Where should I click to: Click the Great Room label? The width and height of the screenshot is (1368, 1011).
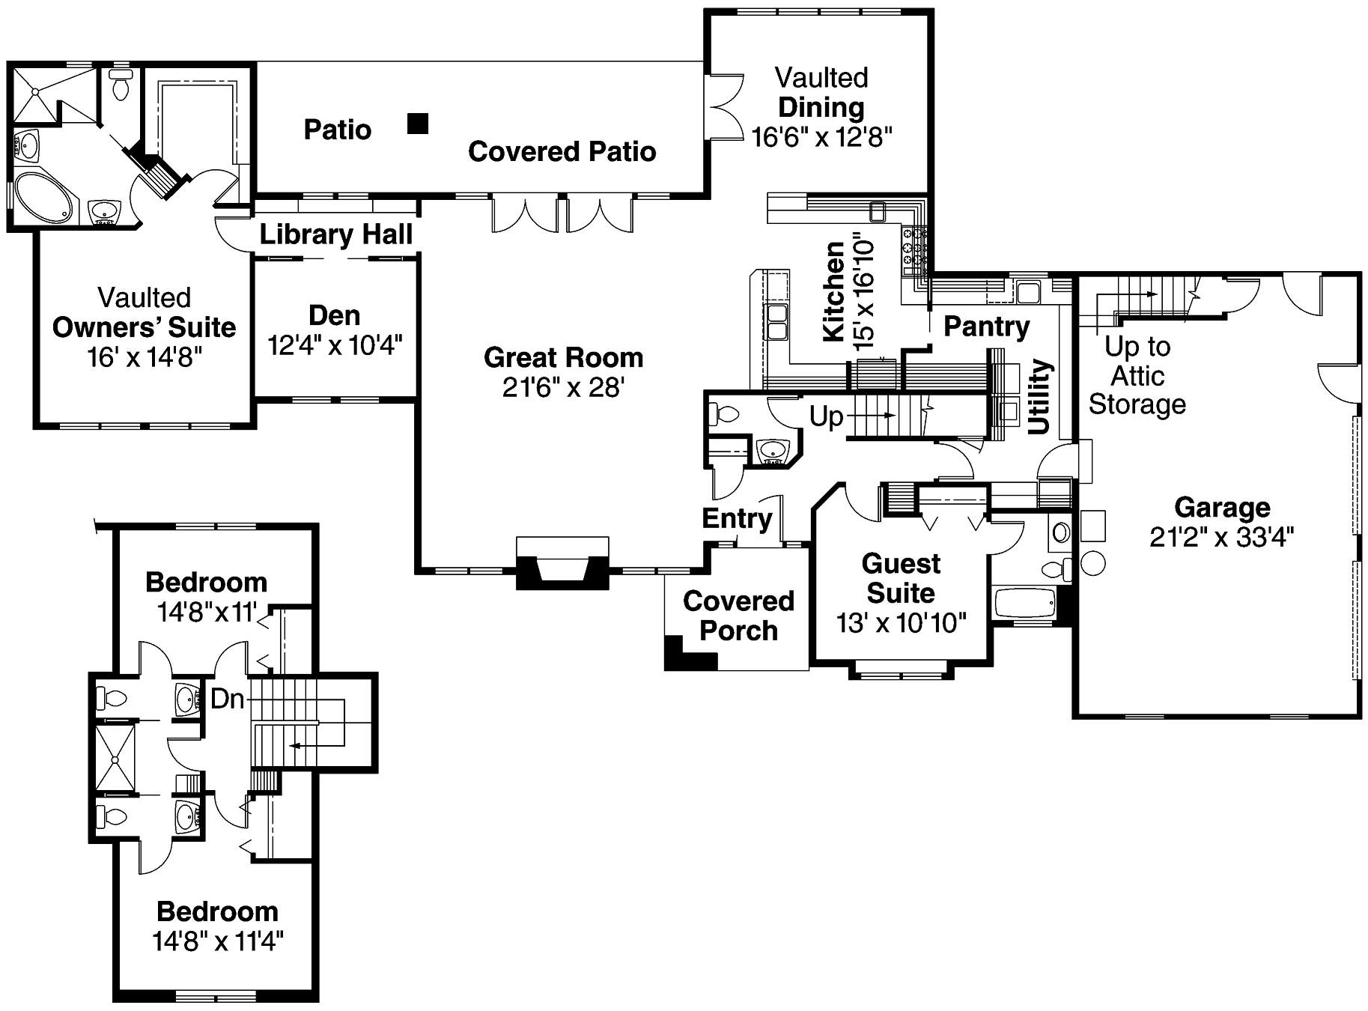coord(563,358)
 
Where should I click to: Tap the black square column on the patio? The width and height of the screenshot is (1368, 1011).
coord(418,124)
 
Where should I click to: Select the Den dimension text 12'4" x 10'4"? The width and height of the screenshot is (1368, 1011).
coord(335,345)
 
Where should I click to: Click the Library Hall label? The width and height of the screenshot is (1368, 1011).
coord(335,235)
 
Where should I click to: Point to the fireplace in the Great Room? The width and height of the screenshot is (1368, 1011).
coord(562,564)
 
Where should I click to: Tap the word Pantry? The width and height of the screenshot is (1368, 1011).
coord(986,327)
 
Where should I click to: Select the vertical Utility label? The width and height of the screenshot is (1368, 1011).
coord(1039,397)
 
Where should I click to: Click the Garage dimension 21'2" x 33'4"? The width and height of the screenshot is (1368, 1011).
coord(1221,537)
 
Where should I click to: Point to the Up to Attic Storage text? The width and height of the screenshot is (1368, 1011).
coord(1137,375)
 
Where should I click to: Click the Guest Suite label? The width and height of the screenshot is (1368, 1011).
coord(901,578)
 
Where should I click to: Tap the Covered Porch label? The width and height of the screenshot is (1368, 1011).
coord(738,616)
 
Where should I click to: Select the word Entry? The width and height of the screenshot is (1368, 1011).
coord(737,518)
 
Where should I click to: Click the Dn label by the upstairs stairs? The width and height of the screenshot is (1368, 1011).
coord(228,699)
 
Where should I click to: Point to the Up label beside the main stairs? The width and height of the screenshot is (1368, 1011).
coord(826,416)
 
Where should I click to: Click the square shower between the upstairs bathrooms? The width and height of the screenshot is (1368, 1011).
coord(115,759)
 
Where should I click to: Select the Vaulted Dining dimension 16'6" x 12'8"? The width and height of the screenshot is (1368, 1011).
coord(821,137)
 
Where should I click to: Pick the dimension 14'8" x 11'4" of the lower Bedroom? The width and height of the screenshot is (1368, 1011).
coord(218,941)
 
